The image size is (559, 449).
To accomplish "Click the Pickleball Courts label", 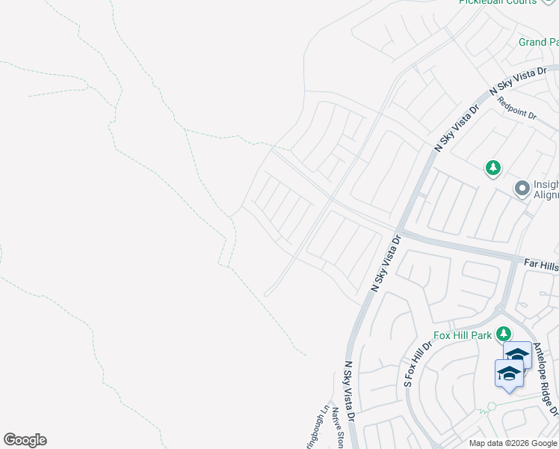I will (x=498, y=2).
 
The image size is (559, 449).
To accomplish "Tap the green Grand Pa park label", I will (x=538, y=43).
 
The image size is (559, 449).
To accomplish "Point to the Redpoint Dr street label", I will (x=516, y=109).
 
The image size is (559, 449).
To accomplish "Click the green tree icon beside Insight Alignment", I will (x=492, y=168).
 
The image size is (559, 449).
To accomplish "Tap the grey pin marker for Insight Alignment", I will (x=522, y=189).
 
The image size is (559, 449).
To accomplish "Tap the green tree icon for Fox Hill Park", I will (x=504, y=333).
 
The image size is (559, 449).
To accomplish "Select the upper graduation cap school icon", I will (x=517, y=355).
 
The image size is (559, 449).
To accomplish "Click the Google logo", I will (x=25, y=440).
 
